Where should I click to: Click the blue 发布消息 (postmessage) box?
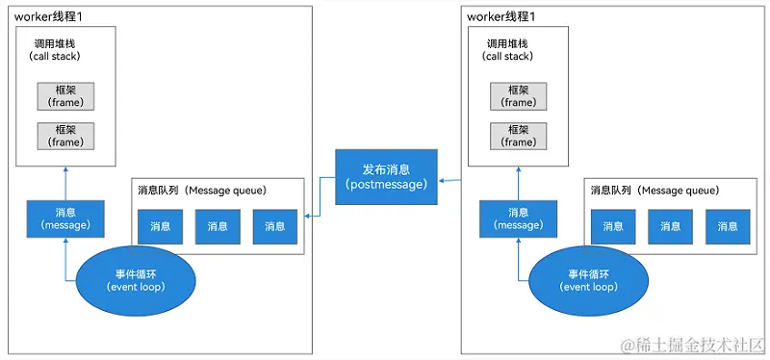click(386, 176)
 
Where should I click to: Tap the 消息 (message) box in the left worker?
click(65, 219)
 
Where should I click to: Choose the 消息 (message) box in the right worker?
click(518, 219)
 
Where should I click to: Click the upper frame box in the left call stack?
click(66, 95)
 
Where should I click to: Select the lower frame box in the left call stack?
click(66, 135)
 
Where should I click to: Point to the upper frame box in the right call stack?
click(518, 95)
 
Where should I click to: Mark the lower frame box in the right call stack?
click(518, 135)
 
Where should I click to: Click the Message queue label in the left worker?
click(202, 190)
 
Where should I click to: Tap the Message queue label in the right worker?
click(654, 190)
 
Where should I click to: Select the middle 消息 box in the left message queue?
click(218, 226)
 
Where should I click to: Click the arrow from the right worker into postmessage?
click(449, 179)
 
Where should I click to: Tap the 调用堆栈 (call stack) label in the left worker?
click(66, 49)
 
